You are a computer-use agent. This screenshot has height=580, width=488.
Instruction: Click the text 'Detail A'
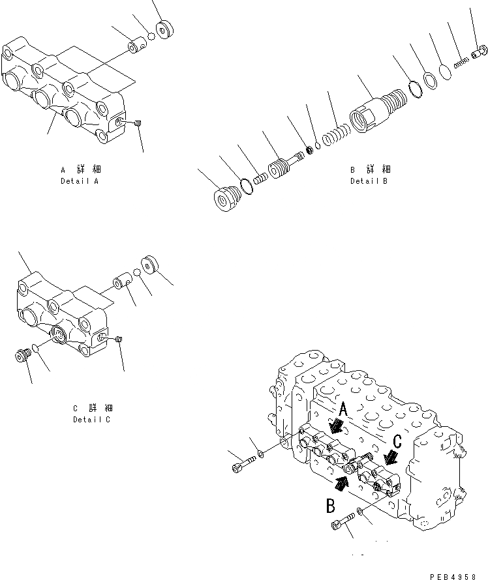(79, 181)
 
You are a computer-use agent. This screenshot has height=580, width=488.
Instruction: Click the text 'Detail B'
(369, 181)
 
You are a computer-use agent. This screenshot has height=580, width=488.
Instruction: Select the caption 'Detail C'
(91, 419)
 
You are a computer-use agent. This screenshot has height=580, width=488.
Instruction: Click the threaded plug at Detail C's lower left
(23, 356)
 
